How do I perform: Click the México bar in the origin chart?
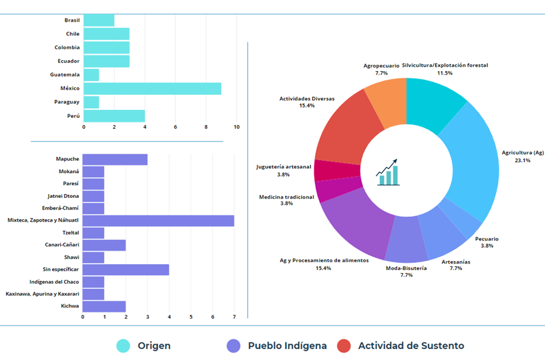(152, 89)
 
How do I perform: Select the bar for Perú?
(114, 115)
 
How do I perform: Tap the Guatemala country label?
(65, 75)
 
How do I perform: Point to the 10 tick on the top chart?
(236, 127)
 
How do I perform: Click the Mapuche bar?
(115, 159)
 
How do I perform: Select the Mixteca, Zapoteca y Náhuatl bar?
(158, 220)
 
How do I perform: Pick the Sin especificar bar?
(126, 269)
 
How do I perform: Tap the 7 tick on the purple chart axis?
(234, 316)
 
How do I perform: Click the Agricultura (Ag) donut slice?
(473, 164)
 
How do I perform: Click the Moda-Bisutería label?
(406, 268)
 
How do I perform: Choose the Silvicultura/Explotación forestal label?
(444, 65)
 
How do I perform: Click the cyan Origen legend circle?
(124, 345)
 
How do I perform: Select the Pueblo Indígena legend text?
(287, 345)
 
